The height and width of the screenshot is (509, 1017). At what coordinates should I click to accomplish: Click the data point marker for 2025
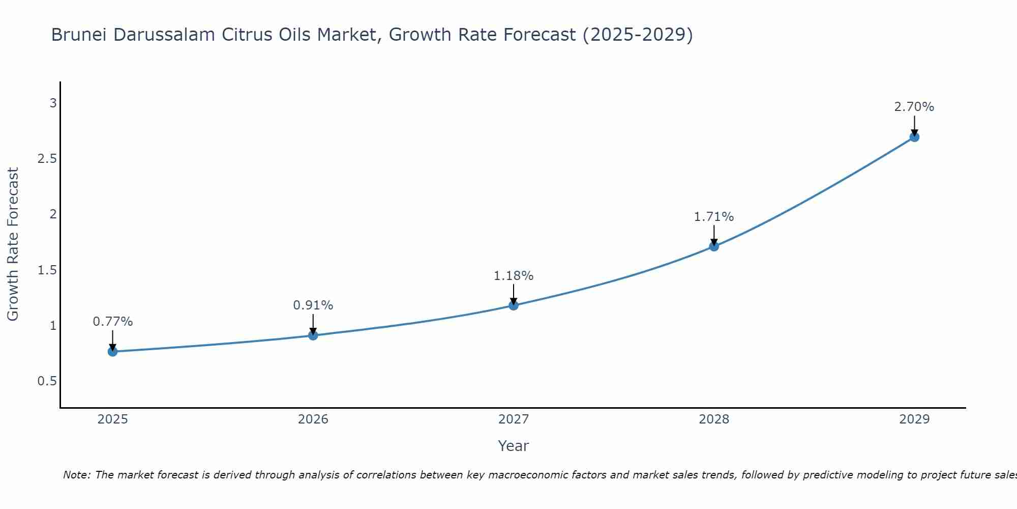tap(113, 352)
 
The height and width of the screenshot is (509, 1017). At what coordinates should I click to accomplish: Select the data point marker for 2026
tap(313, 335)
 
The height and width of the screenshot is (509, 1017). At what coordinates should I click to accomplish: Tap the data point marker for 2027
tap(514, 305)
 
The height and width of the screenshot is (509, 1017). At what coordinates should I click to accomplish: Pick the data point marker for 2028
tap(714, 247)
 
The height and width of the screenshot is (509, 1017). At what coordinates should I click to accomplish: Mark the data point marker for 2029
tap(914, 137)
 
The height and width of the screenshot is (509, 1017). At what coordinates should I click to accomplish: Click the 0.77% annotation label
tap(113, 322)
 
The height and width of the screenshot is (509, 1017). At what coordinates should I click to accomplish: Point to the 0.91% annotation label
tap(313, 305)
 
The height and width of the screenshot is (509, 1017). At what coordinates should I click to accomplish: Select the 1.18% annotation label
tap(514, 276)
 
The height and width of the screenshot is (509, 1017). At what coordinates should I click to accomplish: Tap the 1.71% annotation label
tap(714, 217)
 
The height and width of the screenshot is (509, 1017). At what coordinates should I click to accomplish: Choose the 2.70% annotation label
tap(914, 107)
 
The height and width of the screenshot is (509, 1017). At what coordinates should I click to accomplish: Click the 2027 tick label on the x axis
tap(514, 419)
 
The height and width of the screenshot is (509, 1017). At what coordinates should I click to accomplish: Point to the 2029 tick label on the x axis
tap(914, 419)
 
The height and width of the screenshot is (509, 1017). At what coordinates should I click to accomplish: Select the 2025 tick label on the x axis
tap(113, 419)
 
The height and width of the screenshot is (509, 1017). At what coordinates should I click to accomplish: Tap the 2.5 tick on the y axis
tap(47, 159)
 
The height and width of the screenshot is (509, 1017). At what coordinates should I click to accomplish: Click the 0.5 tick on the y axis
tap(47, 381)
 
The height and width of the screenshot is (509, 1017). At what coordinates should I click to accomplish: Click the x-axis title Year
tap(514, 446)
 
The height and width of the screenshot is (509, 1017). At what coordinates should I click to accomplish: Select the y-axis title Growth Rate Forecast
tap(13, 244)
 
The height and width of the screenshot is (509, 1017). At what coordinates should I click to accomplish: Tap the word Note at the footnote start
tap(76, 475)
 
